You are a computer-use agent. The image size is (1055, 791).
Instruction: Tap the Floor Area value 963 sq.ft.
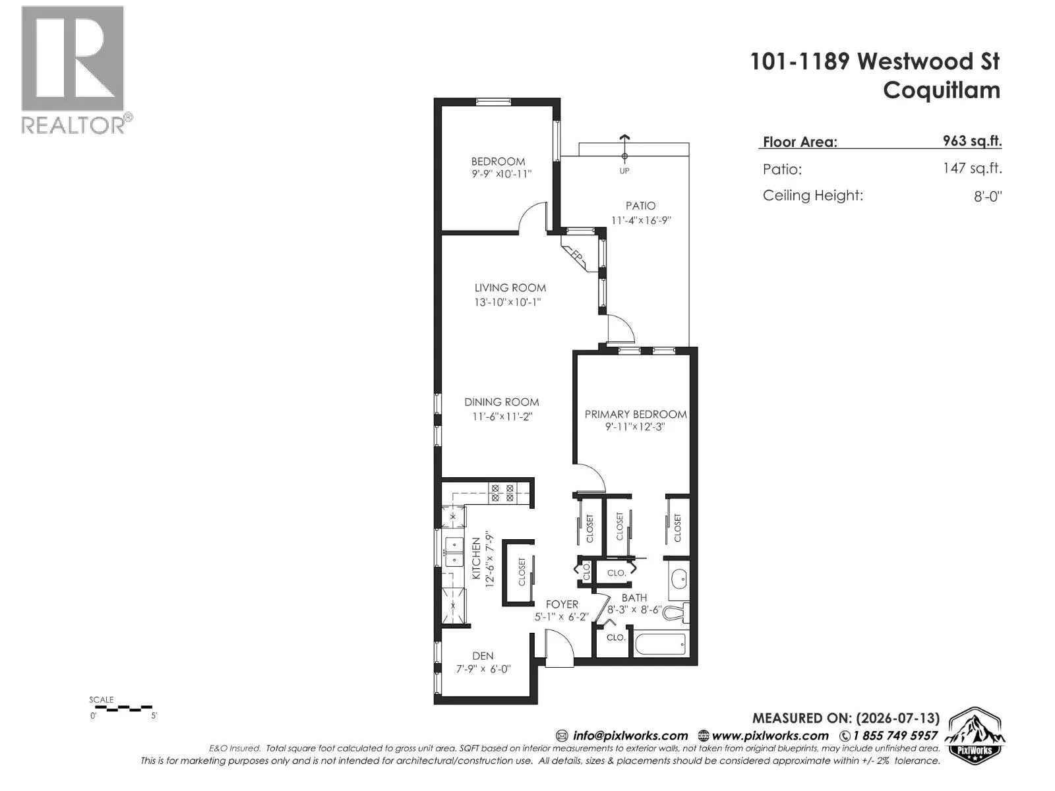click(972, 140)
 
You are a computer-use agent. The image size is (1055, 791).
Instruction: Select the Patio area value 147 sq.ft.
click(973, 168)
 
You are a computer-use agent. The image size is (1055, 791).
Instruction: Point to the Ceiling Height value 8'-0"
click(988, 196)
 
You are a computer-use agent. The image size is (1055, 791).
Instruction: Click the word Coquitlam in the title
click(942, 90)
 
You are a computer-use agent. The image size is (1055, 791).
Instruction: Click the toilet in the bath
click(677, 612)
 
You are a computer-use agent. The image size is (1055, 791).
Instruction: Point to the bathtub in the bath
click(661, 644)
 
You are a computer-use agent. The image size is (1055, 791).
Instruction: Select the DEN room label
click(483, 656)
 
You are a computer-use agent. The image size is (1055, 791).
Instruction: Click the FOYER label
click(562, 604)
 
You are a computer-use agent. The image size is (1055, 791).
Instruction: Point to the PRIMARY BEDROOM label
click(636, 414)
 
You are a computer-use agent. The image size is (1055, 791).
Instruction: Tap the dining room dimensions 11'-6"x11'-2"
click(502, 417)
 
